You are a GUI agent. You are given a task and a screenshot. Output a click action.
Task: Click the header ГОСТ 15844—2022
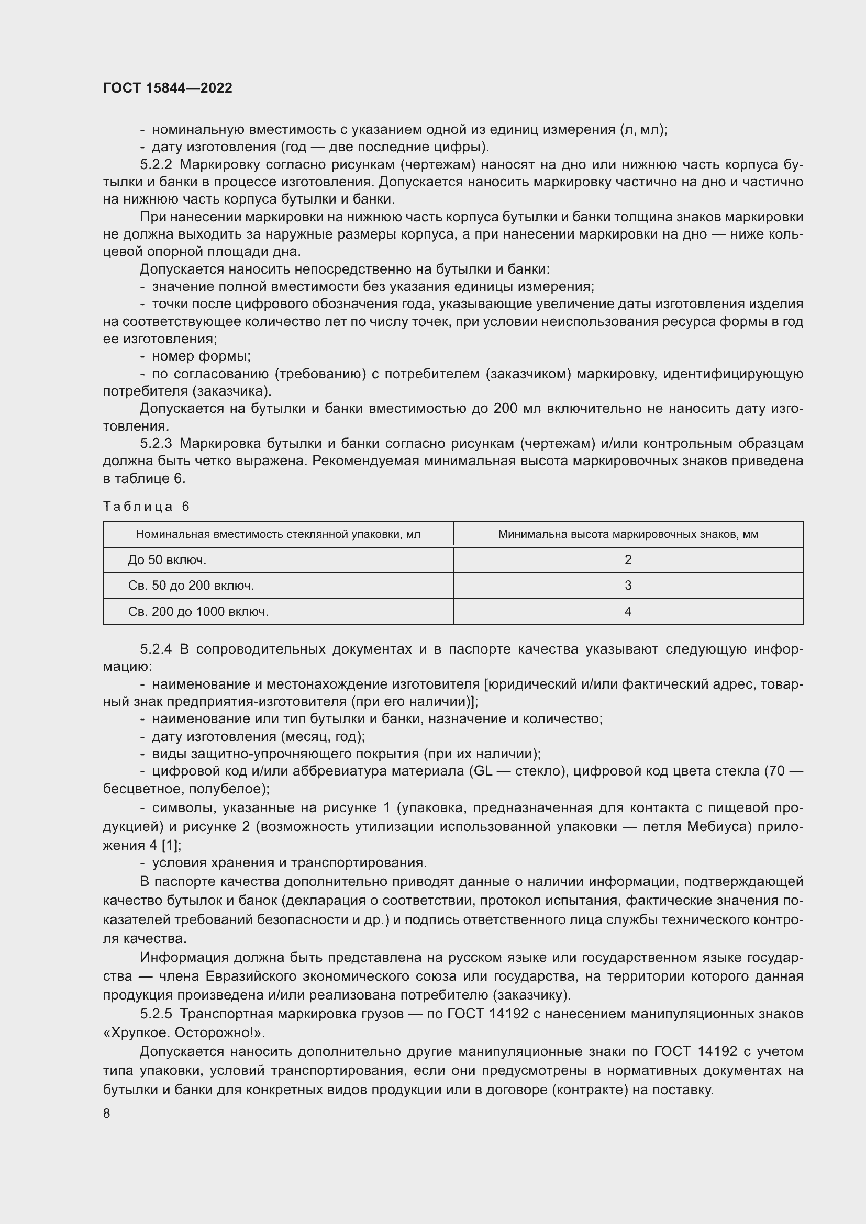(x=168, y=88)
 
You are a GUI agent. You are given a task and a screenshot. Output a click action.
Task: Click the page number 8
(x=107, y=1113)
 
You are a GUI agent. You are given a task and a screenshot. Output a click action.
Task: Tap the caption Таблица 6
(x=146, y=507)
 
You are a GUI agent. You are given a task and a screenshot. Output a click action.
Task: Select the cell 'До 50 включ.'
(x=167, y=560)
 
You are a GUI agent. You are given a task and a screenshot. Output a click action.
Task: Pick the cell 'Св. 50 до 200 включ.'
(x=191, y=586)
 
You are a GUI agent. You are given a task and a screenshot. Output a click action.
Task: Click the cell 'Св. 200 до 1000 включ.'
(x=198, y=611)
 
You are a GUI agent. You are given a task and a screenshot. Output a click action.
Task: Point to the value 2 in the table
(x=628, y=560)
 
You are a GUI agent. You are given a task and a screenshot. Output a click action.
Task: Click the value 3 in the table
(x=628, y=586)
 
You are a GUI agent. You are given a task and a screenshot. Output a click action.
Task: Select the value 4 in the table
(x=628, y=611)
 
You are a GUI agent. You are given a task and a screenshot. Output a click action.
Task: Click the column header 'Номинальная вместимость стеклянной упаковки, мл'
(x=278, y=534)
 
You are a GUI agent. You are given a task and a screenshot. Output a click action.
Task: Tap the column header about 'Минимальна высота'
(x=628, y=534)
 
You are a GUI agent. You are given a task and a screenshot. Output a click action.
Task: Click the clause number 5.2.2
(x=156, y=165)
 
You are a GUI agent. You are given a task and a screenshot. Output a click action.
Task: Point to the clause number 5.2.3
(x=156, y=444)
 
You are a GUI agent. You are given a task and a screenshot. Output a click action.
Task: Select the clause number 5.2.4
(x=156, y=649)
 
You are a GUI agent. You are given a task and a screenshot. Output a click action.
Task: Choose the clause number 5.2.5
(x=156, y=1014)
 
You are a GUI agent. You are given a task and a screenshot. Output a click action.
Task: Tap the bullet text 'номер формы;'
(x=201, y=356)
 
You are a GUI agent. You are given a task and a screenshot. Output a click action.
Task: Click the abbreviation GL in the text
(x=479, y=771)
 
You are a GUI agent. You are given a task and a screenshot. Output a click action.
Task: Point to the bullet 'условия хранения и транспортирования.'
(x=289, y=862)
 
